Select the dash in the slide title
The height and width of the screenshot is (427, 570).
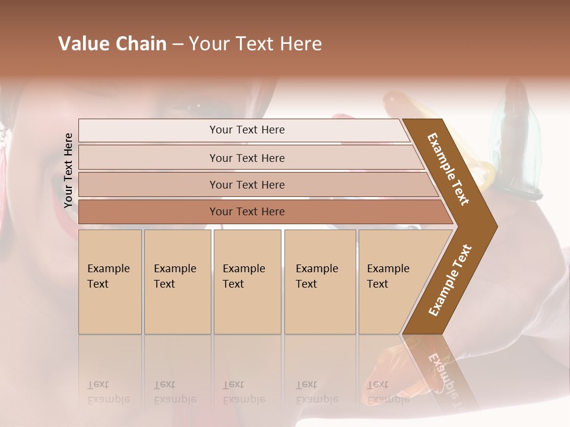(x=178, y=44)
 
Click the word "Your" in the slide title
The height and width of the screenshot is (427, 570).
(x=208, y=44)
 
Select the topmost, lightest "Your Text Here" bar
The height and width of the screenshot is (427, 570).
(x=246, y=130)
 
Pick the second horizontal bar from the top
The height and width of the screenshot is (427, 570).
(x=246, y=158)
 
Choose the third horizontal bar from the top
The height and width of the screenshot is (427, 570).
(x=246, y=184)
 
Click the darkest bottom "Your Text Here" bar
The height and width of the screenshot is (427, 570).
(x=246, y=212)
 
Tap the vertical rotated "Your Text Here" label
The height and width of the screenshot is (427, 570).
(x=68, y=170)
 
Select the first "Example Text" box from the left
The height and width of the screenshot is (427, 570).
(x=110, y=281)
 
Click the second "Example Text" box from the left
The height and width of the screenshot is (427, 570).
(x=177, y=281)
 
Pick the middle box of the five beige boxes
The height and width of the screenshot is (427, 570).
(x=247, y=281)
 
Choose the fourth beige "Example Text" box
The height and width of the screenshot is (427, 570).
(x=320, y=281)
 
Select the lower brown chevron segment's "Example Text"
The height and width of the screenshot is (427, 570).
(x=450, y=280)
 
